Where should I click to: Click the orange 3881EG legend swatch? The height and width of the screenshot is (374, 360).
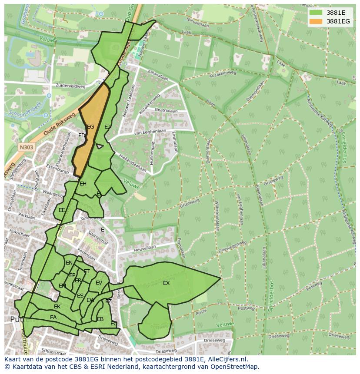tap(316, 21)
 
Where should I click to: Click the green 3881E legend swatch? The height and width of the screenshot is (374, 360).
tap(316, 13)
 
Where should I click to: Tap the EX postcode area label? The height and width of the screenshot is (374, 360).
tap(166, 283)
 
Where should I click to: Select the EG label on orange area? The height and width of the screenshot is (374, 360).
tap(90, 127)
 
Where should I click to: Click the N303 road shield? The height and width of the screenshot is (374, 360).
tap(26, 147)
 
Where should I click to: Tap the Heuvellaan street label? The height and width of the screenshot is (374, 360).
tap(145, 248)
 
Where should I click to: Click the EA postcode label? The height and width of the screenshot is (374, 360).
tap(53, 318)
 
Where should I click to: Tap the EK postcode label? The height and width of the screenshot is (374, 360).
tap(57, 307)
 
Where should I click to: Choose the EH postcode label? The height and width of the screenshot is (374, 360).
tap(83, 184)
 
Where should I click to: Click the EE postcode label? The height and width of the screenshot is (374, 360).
tap(62, 210)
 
